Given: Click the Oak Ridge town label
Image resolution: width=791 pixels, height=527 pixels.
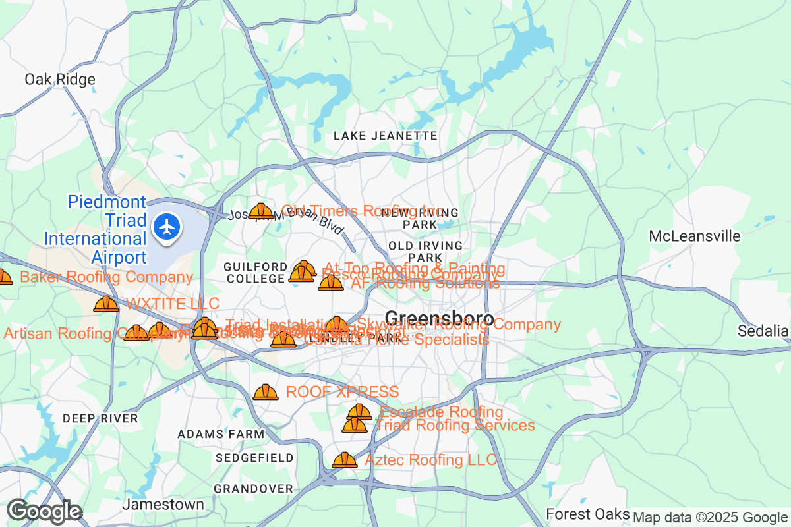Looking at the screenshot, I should pos(60,80).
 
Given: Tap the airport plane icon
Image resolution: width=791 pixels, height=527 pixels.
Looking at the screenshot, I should pos(168,227).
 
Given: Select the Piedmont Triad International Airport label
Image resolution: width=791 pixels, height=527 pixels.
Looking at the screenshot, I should pos(97,229).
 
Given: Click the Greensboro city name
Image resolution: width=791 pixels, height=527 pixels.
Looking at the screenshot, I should pos(439,319).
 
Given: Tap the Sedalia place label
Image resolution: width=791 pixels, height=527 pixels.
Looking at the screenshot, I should pos(763,330).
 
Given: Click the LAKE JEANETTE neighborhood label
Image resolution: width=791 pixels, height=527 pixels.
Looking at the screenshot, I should pos(386,136).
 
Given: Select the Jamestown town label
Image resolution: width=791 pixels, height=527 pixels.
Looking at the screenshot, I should pos(163,505).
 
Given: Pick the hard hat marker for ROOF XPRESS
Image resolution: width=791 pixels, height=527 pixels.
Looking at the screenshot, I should pos(266,392).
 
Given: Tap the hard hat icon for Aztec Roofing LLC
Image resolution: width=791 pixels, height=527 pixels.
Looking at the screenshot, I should pos(344,460).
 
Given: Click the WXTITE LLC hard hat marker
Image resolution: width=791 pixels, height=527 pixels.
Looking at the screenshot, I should pos(106,304).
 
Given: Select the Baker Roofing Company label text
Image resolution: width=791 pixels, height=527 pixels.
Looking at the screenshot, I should pos(106,277).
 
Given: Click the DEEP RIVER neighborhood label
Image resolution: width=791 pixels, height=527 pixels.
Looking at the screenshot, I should pos(101,418).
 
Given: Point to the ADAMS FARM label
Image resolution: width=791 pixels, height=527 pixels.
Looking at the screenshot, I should pos(221,434).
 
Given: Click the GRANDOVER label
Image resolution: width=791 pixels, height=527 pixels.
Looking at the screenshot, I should pos(253,489).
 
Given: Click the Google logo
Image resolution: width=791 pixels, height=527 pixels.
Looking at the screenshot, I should pos(44,511).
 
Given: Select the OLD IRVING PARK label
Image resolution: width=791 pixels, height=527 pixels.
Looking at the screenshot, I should pos(425,251).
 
